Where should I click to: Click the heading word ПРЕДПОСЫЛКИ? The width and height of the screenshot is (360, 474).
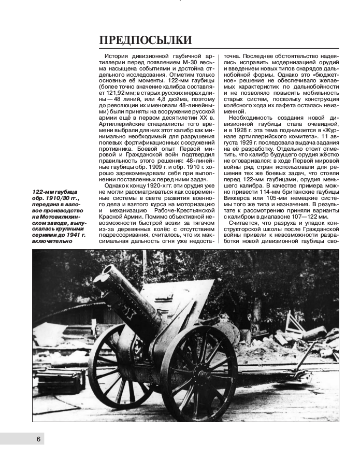[x=146, y=40]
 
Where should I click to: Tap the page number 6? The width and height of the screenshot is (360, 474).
[x=38, y=439]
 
